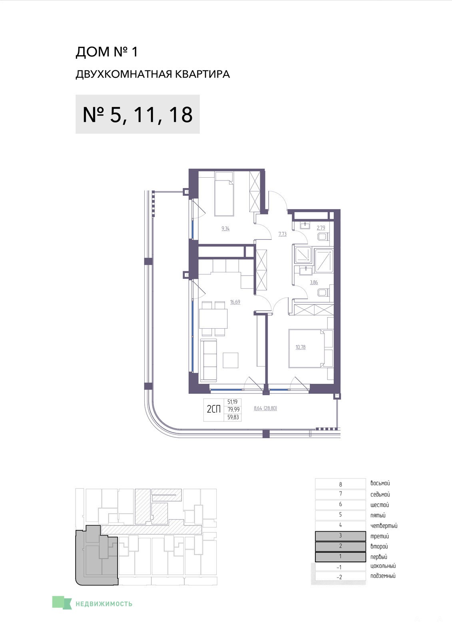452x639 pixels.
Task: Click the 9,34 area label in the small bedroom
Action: pos(225,228)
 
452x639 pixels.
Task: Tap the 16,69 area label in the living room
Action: pos(235,302)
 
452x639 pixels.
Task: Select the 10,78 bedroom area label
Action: pos(301,347)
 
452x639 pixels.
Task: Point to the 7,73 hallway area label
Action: pos(283,234)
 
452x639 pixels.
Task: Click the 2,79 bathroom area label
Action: pos(321,228)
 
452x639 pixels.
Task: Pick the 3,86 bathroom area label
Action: pos(314,282)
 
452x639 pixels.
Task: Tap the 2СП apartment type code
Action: pos(214,409)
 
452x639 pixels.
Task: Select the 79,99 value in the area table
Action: pos(233,409)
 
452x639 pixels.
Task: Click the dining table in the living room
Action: pos(213,319)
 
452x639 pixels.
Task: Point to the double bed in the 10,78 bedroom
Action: pos(311,349)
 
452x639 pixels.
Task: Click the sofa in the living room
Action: pos(209,360)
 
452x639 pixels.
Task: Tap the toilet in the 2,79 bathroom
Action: pos(323,237)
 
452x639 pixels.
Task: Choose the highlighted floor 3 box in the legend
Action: pos(340,536)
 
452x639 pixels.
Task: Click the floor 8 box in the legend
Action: pos(340,484)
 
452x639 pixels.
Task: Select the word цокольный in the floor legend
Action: pos(383,566)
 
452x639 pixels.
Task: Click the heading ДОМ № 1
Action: pos(106,52)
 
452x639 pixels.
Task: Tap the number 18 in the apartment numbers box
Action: pos(181,115)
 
